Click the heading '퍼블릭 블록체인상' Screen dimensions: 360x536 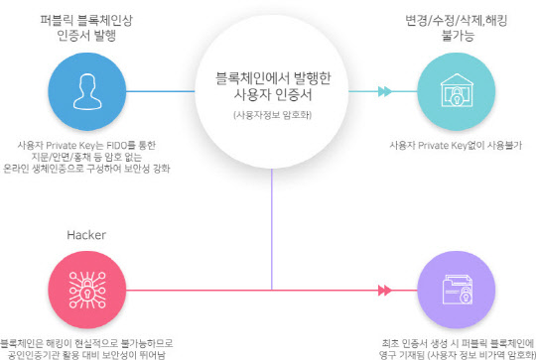point(88,19)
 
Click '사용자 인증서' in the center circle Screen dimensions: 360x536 point(270,95)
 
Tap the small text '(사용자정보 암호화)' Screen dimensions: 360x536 point(270,117)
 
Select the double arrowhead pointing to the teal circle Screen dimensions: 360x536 point(384,93)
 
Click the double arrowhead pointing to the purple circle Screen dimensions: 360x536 point(384,291)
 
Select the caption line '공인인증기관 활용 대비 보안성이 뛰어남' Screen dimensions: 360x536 point(84,352)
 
